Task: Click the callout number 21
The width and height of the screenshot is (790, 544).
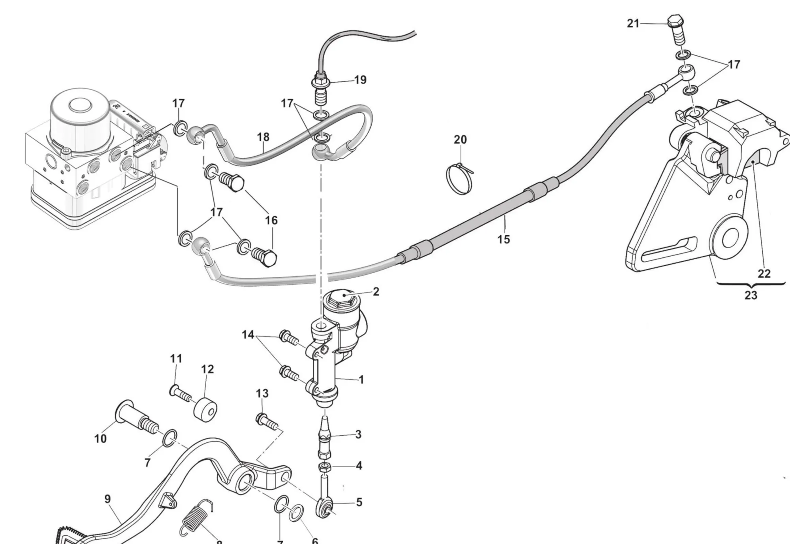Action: pyautogui.click(x=633, y=24)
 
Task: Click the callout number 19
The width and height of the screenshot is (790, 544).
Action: pyautogui.click(x=360, y=80)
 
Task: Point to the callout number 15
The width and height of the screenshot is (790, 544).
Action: pyautogui.click(x=503, y=239)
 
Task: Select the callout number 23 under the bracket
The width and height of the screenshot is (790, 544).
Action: pyautogui.click(x=750, y=295)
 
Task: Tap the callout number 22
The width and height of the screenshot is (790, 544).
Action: pyautogui.click(x=764, y=274)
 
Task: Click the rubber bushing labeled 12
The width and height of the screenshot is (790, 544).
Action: pyautogui.click(x=205, y=410)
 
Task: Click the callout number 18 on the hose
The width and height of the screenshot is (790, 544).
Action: pyautogui.click(x=263, y=137)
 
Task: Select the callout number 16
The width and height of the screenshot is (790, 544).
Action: pyautogui.click(x=271, y=220)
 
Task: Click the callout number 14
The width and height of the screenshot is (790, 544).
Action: pyautogui.click(x=248, y=335)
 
